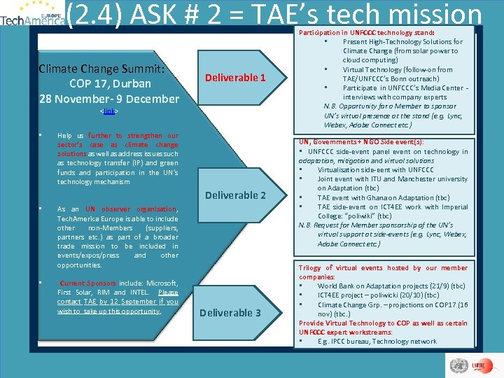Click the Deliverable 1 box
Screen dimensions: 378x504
click(234, 77)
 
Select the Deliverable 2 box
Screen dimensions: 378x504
click(234, 195)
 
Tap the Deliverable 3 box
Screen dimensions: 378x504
click(230, 312)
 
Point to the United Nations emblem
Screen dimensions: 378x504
click(459, 365)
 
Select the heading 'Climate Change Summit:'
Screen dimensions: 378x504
click(101, 69)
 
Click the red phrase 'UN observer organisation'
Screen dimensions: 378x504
click(131, 209)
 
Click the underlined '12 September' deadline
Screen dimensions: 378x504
click(122, 301)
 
